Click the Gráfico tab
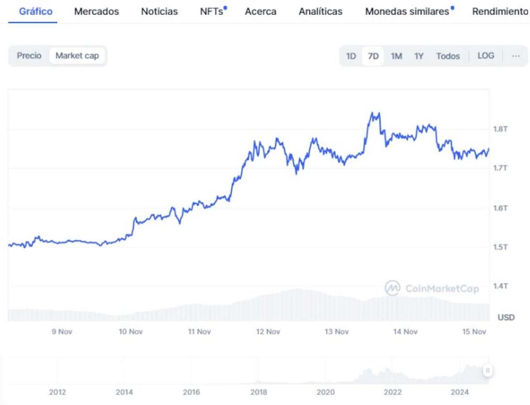pyautogui.click(x=36, y=11)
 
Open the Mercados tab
pyautogui.click(x=96, y=11)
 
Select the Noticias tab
pyautogui.click(x=159, y=11)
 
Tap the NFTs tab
pyautogui.click(x=212, y=11)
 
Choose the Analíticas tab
pyautogui.click(x=320, y=11)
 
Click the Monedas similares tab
pyautogui.click(x=407, y=11)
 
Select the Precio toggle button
pyautogui.click(x=29, y=56)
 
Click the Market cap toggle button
pyautogui.click(x=77, y=56)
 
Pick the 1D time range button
pyautogui.click(x=351, y=56)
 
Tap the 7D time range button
pyautogui.click(x=373, y=56)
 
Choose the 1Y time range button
pyautogui.click(x=419, y=56)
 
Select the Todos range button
pyautogui.click(x=448, y=56)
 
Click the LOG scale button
pyautogui.click(x=485, y=56)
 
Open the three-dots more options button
pyautogui.click(x=516, y=56)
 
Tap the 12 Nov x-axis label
pyautogui.click(x=268, y=332)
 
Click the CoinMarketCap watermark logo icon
pyautogui.click(x=392, y=288)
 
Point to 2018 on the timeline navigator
pyautogui.click(x=258, y=392)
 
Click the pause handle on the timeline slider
pyautogui.click(x=488, y=370)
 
